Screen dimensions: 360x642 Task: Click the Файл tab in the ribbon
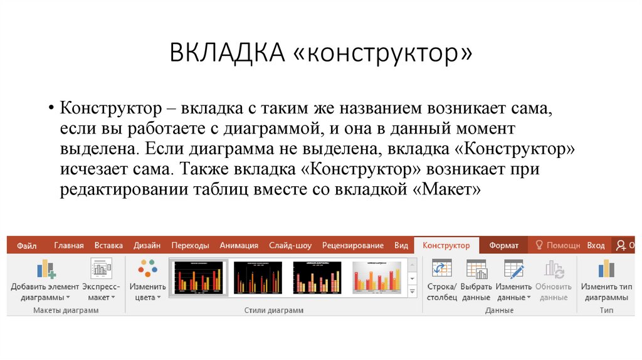[26, 246]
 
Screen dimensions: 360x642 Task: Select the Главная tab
[68, 246]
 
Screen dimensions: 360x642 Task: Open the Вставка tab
[108, 246]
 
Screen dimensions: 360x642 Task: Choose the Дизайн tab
[147, 246]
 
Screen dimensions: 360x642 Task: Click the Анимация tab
[239, 246]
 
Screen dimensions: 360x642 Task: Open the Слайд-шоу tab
[290, 246]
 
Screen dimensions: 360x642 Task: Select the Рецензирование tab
[352, 246]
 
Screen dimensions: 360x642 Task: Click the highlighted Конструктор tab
[446, 246]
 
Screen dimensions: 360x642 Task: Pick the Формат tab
[503, 246]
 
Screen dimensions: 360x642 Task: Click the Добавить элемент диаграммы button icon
[46, 269]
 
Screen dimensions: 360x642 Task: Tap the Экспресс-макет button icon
[100, 269]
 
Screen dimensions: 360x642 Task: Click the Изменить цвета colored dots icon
[148, 269]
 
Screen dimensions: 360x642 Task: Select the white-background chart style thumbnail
[376, 277]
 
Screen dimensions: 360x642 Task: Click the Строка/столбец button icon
[442, 269]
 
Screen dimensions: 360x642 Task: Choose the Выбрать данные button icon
[476, 269]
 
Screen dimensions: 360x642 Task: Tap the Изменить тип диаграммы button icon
[606, 269]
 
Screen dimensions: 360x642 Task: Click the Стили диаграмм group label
[273, 310]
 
